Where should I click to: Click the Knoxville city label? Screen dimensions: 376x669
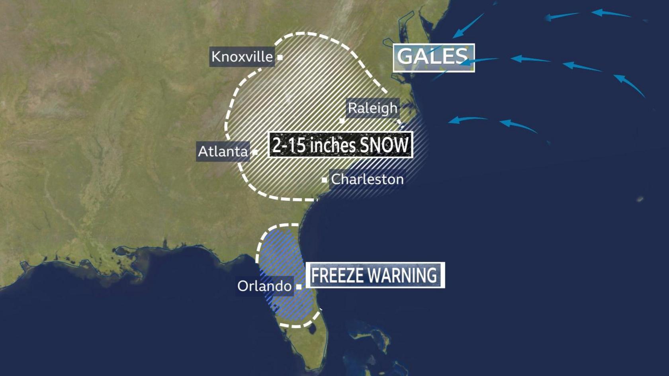click(242, 57)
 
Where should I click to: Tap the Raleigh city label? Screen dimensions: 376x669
click(372, 108)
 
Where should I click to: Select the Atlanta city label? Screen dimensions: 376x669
click(223, 151)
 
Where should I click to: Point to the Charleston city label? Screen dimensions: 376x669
click(367, 179)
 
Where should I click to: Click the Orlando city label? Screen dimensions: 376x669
click(264, 286)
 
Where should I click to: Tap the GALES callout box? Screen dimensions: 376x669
click(433, 57)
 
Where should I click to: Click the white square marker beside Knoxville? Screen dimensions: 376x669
click(280, 57)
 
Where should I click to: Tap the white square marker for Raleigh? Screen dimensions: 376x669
click(342, 120)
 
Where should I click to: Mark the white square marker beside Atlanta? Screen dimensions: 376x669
click(255, 152)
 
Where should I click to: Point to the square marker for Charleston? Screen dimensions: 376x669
click(324, 180)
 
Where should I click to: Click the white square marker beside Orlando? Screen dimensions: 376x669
click(299, 286)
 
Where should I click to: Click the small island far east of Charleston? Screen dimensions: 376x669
click(640, 199)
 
